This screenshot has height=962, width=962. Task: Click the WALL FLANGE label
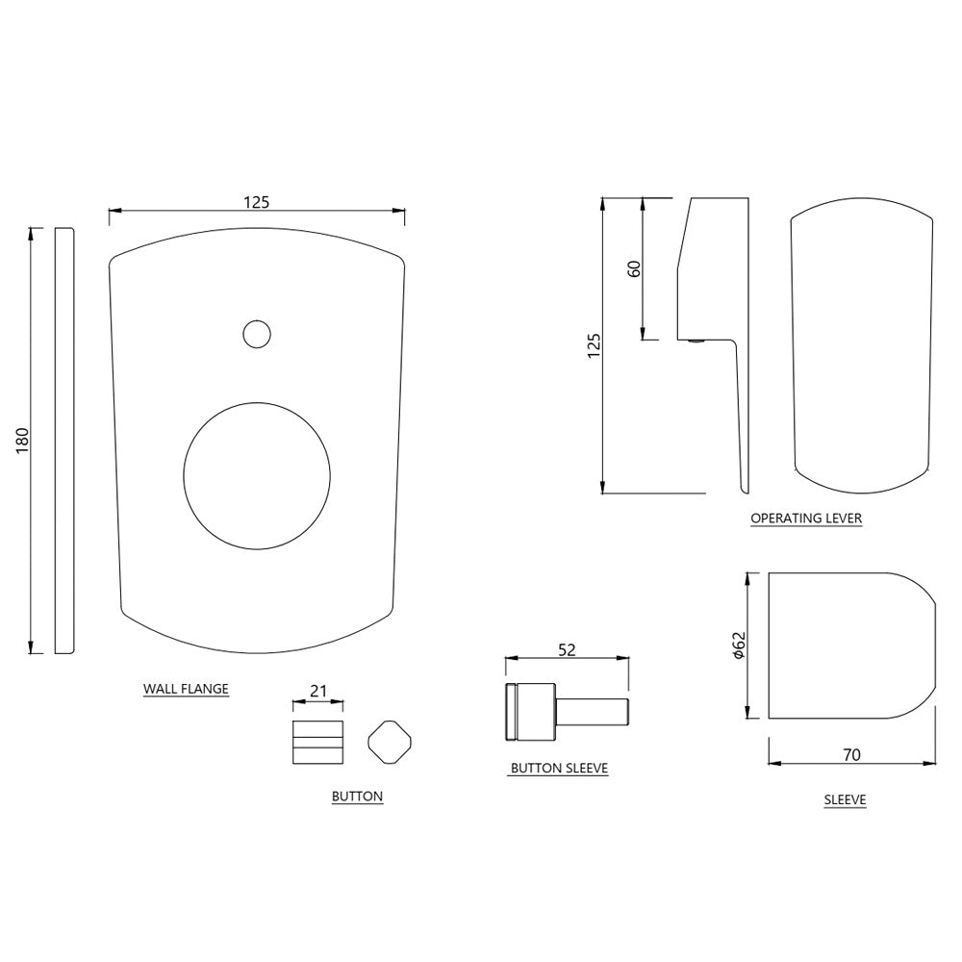(186, 689)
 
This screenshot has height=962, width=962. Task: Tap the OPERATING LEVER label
(806, 519)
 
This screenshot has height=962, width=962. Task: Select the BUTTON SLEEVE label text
(559, 769)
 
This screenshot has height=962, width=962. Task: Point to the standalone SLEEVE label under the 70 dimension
(845, 799)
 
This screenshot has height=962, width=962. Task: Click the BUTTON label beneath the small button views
(357, 797)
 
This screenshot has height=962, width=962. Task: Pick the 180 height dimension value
(23, 440)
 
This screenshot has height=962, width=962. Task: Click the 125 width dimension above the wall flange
(256, 202)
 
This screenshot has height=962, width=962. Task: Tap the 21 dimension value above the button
(316, 691)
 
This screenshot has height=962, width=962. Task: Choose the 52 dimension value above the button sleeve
(567, 650)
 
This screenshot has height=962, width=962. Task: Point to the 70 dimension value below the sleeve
(851, 755)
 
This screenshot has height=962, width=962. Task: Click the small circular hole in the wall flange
(256, 334)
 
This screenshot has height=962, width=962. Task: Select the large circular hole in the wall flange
(257, 476)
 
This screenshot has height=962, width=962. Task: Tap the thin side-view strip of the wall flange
(64, 441)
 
